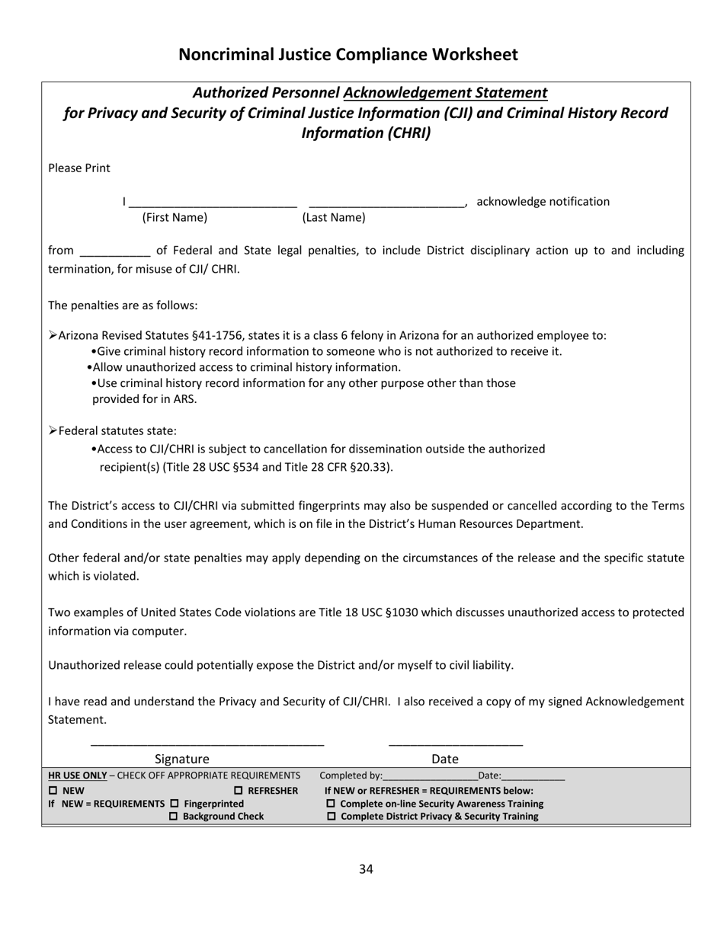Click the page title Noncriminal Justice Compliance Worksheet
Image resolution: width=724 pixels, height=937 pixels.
pos(348,55)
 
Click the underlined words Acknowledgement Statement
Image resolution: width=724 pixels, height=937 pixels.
pos(445,93)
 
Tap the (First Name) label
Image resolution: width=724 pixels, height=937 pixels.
pos(175,218)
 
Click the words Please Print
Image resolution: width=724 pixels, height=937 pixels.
pos(79,168)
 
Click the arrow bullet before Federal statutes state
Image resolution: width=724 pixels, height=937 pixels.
pos(53,430)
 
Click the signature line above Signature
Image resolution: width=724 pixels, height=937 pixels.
pos(207,744)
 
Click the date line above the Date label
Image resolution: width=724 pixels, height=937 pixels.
pos(455,744)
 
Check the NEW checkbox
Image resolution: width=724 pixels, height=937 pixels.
pos(53,791)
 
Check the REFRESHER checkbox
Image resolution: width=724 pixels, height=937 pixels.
pos(239,791)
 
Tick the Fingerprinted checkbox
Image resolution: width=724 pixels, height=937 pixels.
pos(174,804)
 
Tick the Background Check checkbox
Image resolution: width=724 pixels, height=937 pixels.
pos(173,817)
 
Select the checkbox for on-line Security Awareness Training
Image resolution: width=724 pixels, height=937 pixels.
pos(331,804)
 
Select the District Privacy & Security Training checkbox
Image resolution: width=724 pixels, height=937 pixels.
pos(331,817)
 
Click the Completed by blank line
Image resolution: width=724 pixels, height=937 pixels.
pos(430,778)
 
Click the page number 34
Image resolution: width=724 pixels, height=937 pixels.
pos(366,869)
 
